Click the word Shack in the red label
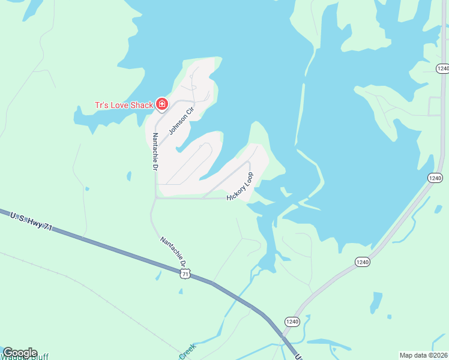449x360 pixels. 141,105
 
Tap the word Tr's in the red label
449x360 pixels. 101,105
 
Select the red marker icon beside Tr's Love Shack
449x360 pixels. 161,104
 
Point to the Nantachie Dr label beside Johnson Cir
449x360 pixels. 155,152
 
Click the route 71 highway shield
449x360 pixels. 185,274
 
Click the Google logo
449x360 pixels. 20,353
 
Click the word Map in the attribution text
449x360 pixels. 408,355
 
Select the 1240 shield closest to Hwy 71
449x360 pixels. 291,321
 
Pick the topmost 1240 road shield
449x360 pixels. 442,68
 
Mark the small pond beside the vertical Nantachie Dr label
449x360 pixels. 128,176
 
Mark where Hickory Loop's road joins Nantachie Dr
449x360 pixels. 156,198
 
